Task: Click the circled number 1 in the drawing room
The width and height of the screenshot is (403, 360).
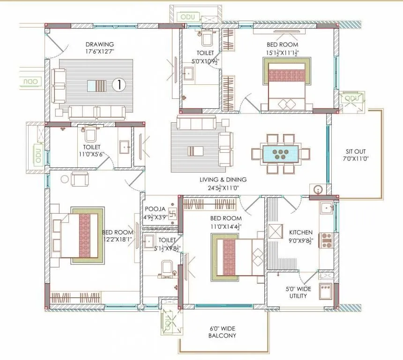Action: [x=119, y=85]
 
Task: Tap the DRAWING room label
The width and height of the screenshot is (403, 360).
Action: [x=100, y=45]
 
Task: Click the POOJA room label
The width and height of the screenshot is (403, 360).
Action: [x=154, y=209]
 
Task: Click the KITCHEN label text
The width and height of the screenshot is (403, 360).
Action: [x=300, y=232]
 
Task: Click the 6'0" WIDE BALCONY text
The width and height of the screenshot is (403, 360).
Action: [x=223, y=332]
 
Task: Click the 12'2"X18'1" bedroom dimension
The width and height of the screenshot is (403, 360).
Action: [x=118, y=239]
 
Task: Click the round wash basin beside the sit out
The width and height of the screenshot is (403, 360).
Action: [x=318, y=190]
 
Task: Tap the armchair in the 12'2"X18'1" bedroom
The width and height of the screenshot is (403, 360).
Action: [x=80, y=178]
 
